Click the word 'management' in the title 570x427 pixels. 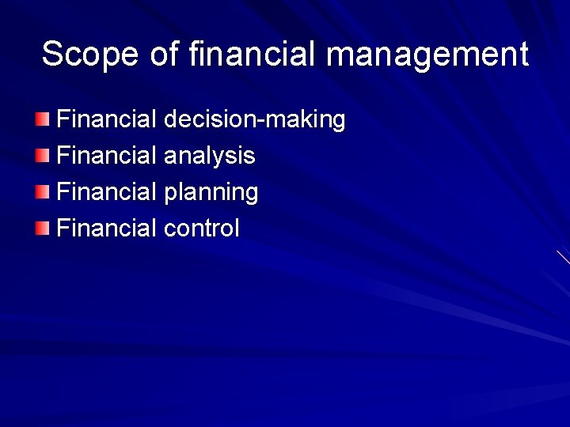(427, 55)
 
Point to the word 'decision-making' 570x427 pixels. (254, 120)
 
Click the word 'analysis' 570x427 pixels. (209, 156)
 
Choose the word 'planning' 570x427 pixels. (211, 192)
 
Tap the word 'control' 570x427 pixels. (201, 229)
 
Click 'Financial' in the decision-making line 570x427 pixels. (108, 120)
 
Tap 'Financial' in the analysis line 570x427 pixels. (108, 156)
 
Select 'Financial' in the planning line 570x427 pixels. (108, 192)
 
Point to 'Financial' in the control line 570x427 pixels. (108, 229)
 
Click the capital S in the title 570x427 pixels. (53, 55)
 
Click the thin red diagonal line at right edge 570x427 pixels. (563, 257)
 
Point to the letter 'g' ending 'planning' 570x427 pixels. (251, 195)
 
